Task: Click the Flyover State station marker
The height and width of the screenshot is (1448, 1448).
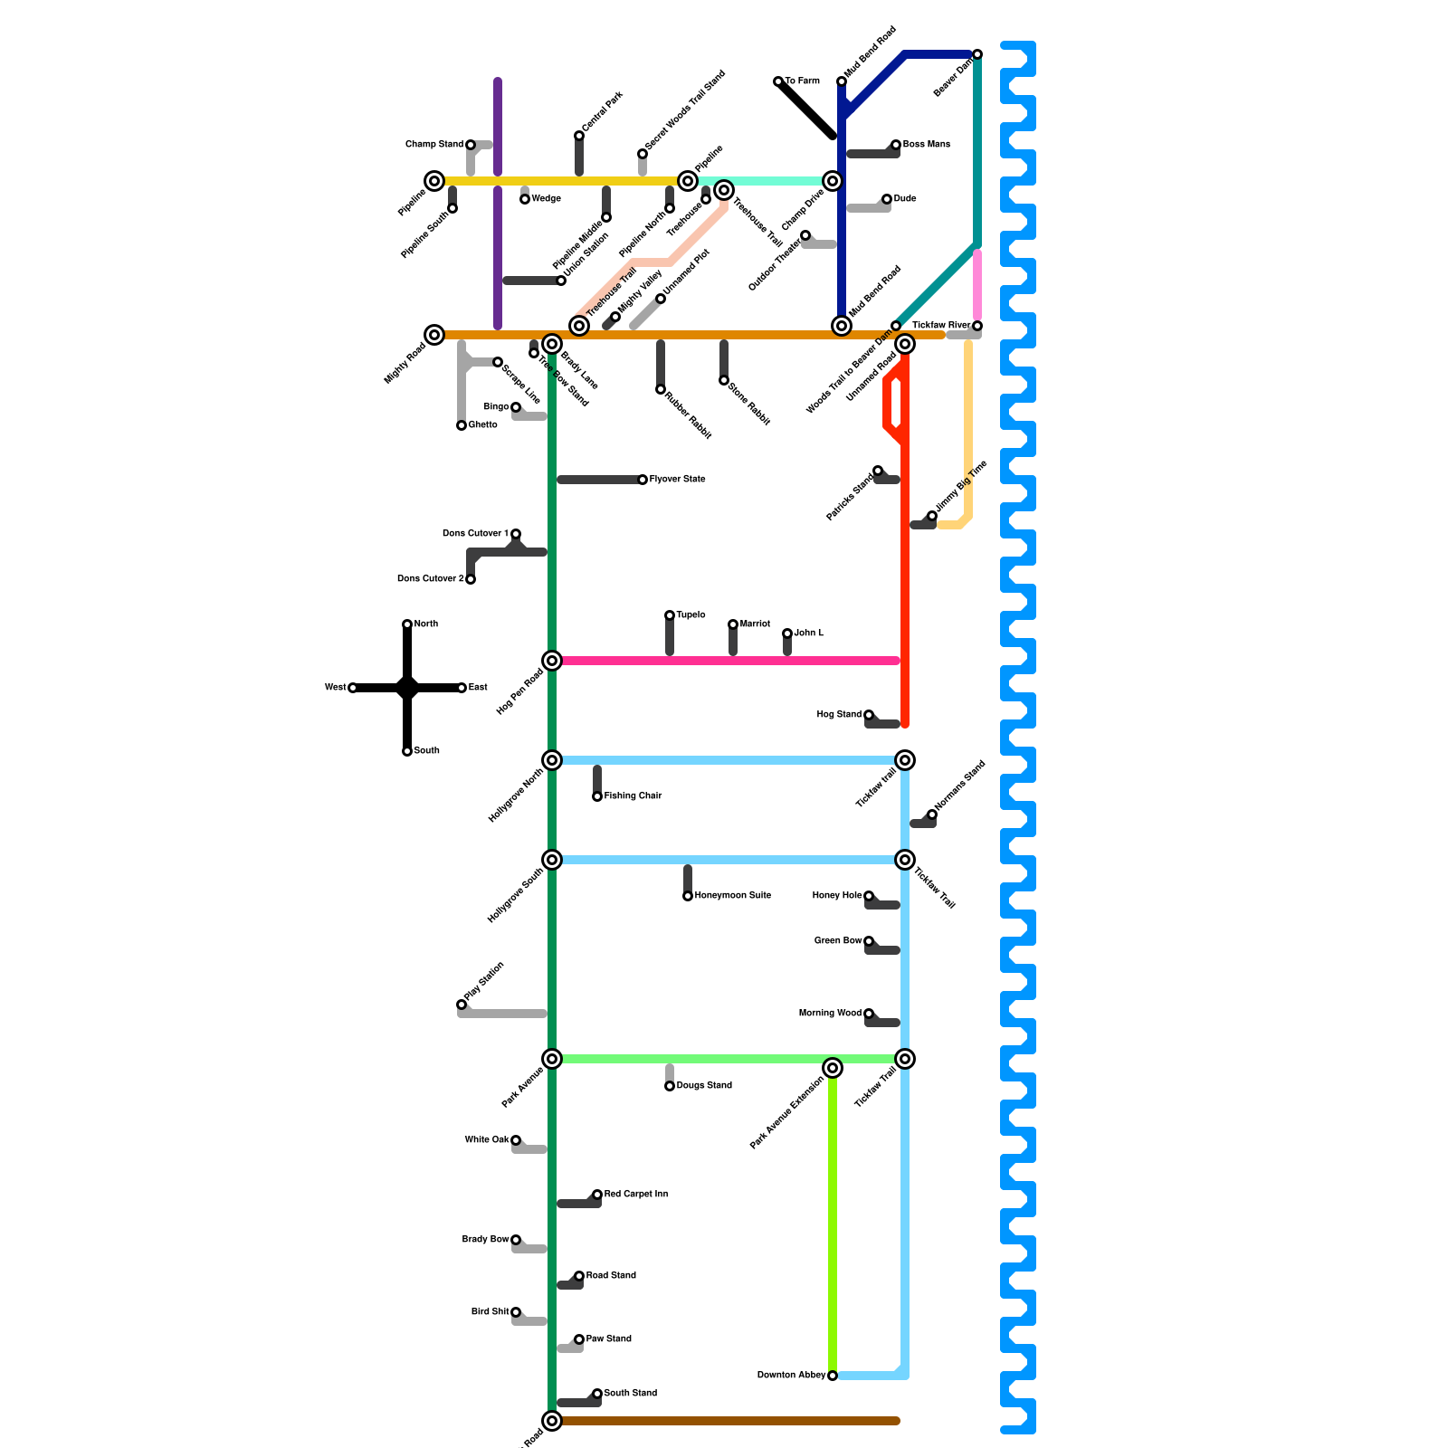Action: pyautogui.click(x=643, y=480)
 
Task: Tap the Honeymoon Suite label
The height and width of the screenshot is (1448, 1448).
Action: pyautogui.click(x=732, y=896)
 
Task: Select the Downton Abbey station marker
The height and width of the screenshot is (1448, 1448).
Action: pyautogui.click(x=833, y=1376)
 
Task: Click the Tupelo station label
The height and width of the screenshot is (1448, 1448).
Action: pyautogui.click(x=691, y=615)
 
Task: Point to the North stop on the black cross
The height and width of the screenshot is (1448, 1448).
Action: pyautogui.click(x=407, y=624)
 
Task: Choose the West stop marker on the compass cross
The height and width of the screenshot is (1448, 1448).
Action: pyautogui.click(x=353, y=688)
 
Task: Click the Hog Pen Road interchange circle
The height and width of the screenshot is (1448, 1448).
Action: pyautogui.click(x=552, y=661)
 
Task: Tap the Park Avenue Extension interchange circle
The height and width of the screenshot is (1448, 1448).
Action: pyautogui.click(x=833, y=1068)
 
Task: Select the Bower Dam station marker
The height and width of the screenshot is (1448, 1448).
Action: pyautogui.click(x=977, y=54)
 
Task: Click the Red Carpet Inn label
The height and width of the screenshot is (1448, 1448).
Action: pyautogui.click(x=635, y=1195)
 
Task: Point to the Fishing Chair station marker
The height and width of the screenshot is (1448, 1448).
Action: pyautogui.click(x=597, y=796)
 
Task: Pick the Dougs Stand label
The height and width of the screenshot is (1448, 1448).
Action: pyautogui.click(x=704, y=1086)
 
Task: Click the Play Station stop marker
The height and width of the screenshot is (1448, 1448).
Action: pyautogui.click(x=462, y=1005)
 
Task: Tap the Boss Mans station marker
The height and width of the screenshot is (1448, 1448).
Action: pyautogui.click(x=896, y=145)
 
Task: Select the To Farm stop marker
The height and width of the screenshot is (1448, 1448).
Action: pyautogui.click(x=778, y=81)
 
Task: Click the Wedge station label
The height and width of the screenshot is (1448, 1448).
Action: pyautogui.click(x=546, y=199)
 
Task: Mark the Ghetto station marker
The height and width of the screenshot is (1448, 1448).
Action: pyautogui.click(x=462, y=425)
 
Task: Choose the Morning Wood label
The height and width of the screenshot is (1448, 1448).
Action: pyautogui.click(x=830, y=1014)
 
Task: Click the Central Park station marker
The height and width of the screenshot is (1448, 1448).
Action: pyautogui.click(x=579, y=136)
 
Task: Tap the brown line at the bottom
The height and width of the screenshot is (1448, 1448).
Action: pyautogui.click(x=724, y=1421)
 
